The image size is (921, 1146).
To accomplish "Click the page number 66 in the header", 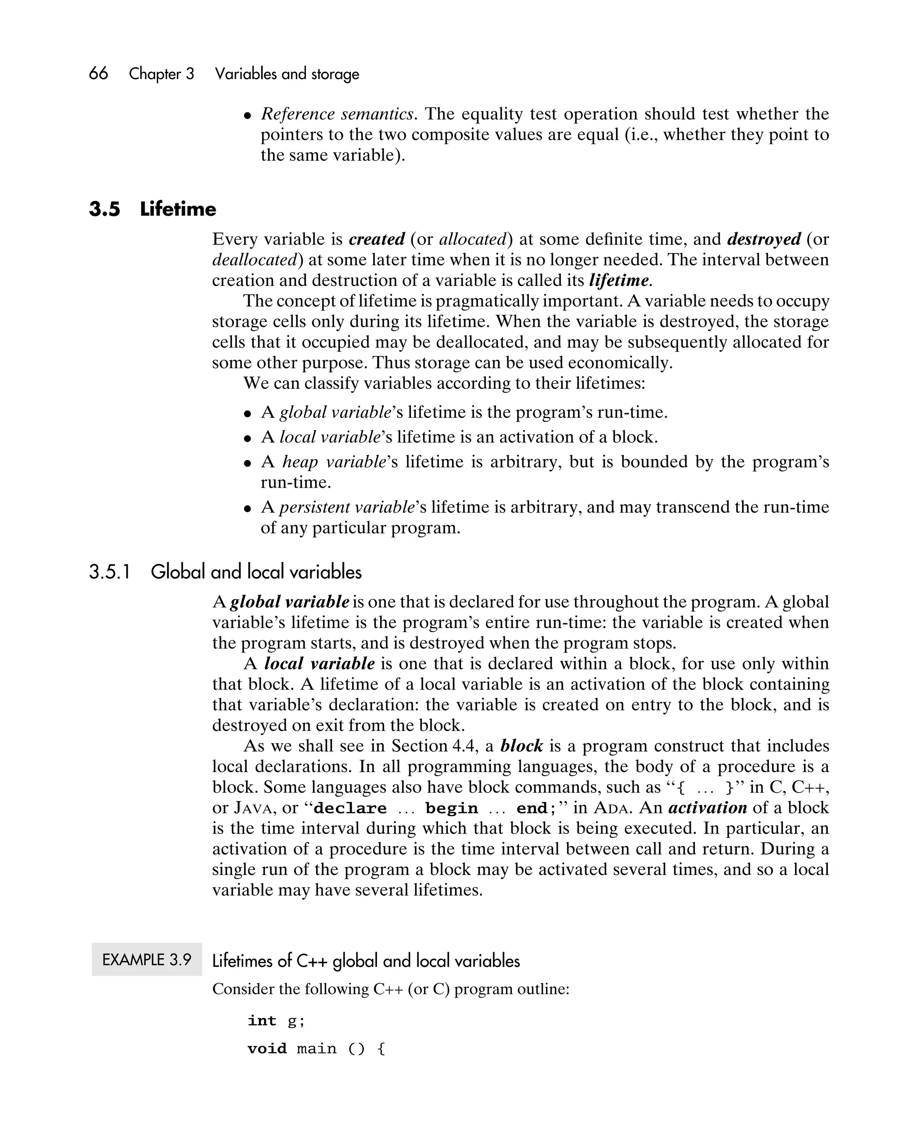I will click(x=98, y=73).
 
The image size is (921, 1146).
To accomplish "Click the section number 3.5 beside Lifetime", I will click(x=104, y=209).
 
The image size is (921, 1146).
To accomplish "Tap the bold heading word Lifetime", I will click(x=178, y=209).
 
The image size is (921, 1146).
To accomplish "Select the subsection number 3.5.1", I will click(x=110, y=572).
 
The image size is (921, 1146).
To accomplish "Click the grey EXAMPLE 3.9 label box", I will click(x=147, y=959).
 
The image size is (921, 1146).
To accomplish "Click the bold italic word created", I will click(x=376, y=239).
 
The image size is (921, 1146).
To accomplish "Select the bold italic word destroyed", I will click(x=764, y=239).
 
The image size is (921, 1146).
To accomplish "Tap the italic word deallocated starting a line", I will click(x=254, y=260).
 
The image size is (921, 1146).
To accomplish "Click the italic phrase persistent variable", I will click(x=347, y=507).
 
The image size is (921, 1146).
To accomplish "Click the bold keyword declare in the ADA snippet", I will click(x=350, y=808).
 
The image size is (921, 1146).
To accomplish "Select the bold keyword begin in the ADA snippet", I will click(x=452, y=808).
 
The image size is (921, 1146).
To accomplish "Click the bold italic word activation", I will click(x=707, y=808).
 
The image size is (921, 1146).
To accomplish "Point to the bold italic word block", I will click(x=521, y=746).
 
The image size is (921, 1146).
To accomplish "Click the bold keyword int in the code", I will click(x=262, y=1021).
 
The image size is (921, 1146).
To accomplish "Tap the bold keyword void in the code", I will click(x=267, y=1049).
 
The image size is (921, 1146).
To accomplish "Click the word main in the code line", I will click(x=317, y=1049).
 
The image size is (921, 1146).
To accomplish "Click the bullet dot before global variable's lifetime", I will click(x=247, y=413).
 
